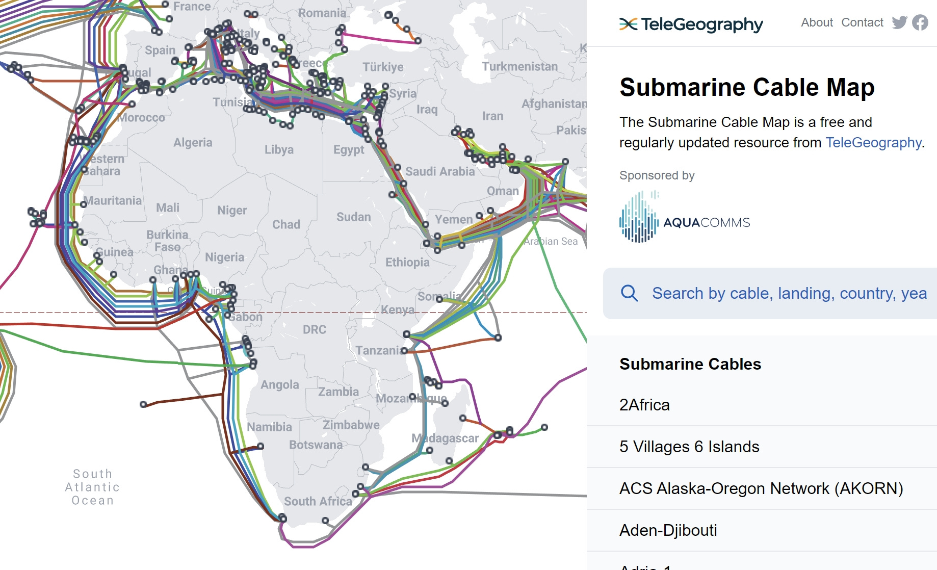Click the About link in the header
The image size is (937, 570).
click(x=817, y=22)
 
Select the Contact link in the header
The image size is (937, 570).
click(x=862, y=22)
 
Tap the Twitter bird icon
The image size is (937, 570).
click(x=899, y=22)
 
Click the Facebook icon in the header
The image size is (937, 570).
click(x=920, y=22)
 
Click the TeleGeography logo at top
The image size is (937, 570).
click(x=691, y=24)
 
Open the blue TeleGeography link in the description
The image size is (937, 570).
click(x=873, y=143)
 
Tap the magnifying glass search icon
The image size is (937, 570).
click(x=629, y=293)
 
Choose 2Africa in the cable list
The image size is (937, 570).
click(x=644, y=405)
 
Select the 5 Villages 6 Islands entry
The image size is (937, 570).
click(x=689, y=447)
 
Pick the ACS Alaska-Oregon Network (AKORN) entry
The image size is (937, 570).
click(x=761, y=488)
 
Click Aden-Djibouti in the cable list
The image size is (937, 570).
click(x=668, y=530)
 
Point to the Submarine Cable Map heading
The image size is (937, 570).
click(x=747, y=87)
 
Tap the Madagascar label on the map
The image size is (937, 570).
click(x=445, y=438)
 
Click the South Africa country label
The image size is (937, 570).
click(x=318, y=501)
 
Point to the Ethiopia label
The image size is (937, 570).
click(x=407, y=262)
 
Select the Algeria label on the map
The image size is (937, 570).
click(x=193, y=142)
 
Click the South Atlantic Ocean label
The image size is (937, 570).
click(x=93, y=487)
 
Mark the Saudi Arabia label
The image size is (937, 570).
click(x=440, y=171)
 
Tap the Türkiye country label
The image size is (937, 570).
click(x=383, y=67)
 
